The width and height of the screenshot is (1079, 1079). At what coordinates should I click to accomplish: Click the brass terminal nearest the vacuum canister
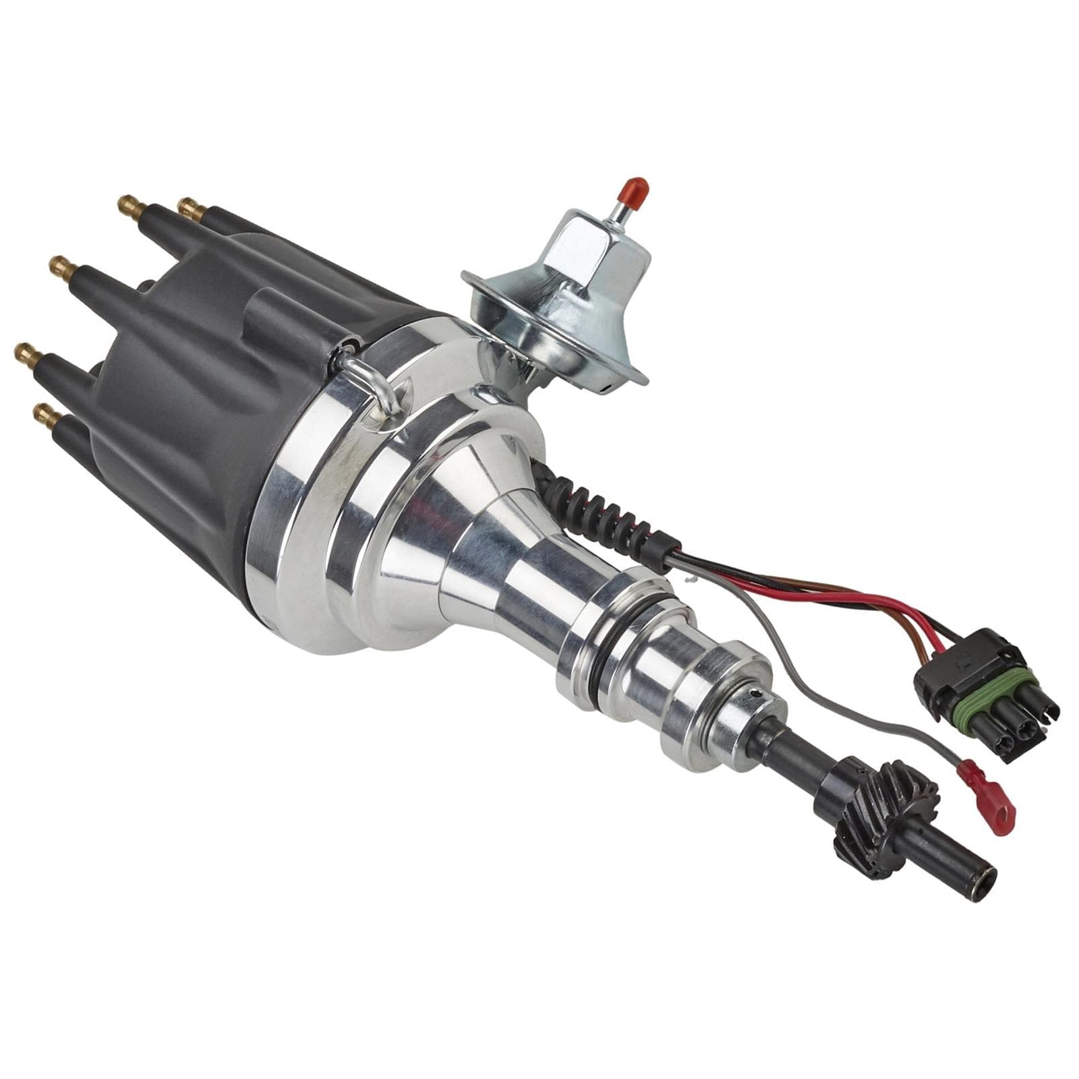click(191, 209)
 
